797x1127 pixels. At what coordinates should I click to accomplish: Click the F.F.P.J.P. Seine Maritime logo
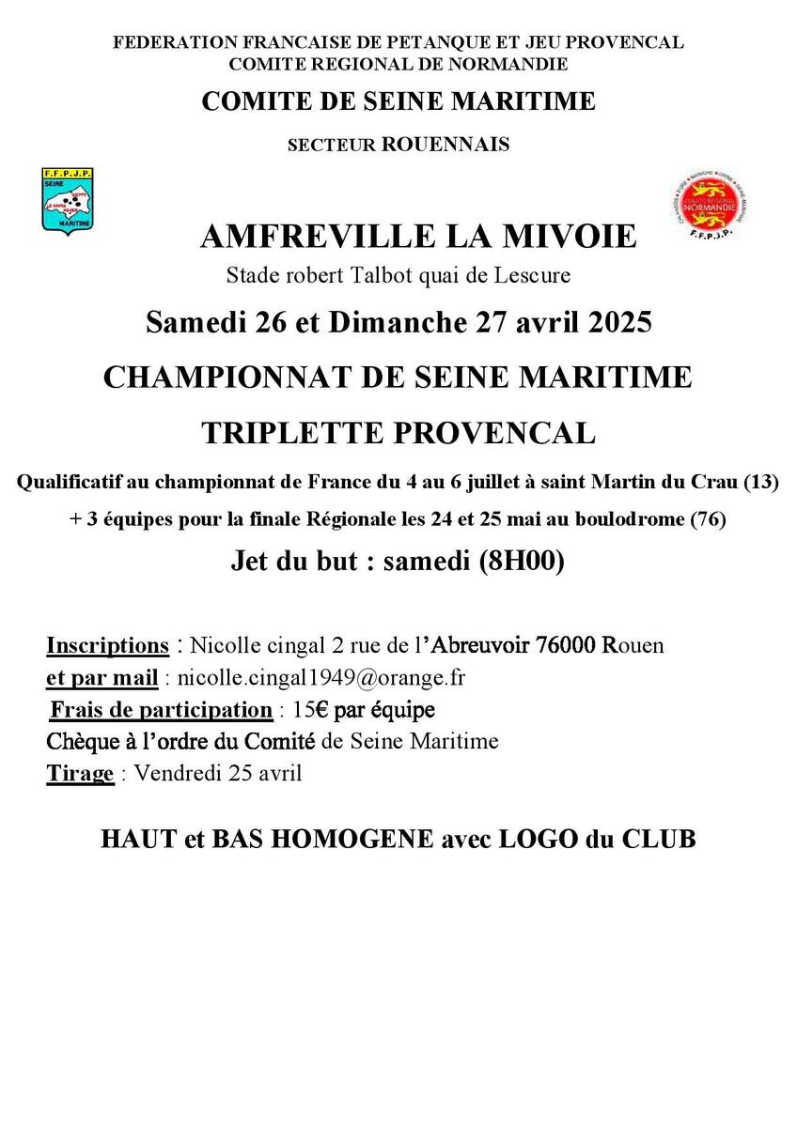pyautogui.click(x=67, y=199)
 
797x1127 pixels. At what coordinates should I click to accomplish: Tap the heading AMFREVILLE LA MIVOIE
pyautogui.click(x=417, y=236)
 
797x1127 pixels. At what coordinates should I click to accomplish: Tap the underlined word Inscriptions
pyautogui.click(x=107, y=646)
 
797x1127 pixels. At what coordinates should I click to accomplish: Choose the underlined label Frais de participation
pyautogui.click(x=162, y=709)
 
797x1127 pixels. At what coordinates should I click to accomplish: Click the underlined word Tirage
pyautogui.click(x=80, y=774)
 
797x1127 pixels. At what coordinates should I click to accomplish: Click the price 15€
pyautogui.click(x=311, y=709)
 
